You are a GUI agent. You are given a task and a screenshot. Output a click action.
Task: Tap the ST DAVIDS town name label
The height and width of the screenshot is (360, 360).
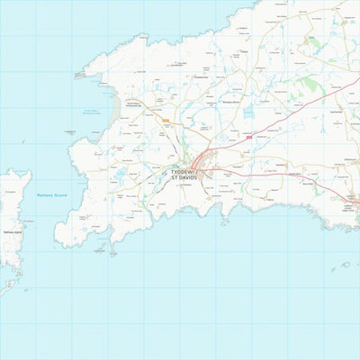(x=187, y=178)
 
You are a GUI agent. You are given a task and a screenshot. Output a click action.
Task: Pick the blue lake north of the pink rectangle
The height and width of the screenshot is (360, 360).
(x=248, y=121)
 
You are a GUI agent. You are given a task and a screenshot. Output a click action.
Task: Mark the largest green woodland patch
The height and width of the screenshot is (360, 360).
(x=310, y=85)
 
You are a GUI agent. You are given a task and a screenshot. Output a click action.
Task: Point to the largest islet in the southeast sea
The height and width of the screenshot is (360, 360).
(x=343, y=265)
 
